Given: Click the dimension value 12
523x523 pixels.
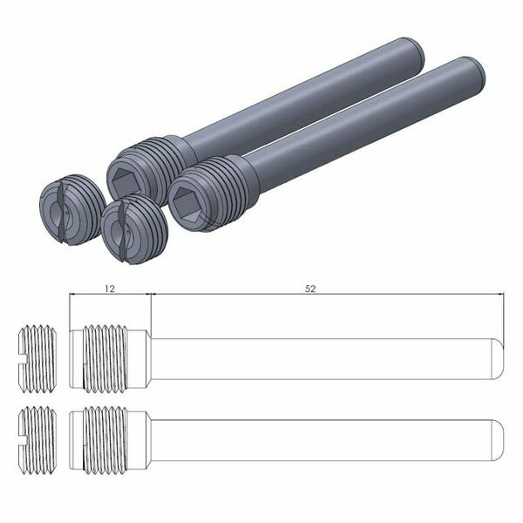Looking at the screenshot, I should coord(109,287).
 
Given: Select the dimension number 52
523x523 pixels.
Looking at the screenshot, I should coord(310,287).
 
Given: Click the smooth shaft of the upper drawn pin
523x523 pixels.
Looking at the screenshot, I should coord(323,358).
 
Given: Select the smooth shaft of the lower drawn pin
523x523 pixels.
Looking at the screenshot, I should coord(323,433).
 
